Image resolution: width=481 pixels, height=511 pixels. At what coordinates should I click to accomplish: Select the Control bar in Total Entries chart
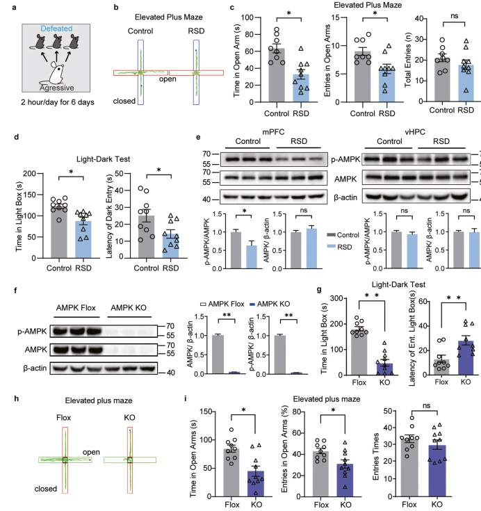pos(443,77)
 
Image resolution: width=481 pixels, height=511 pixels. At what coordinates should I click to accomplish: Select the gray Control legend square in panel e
pos(331,235)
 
